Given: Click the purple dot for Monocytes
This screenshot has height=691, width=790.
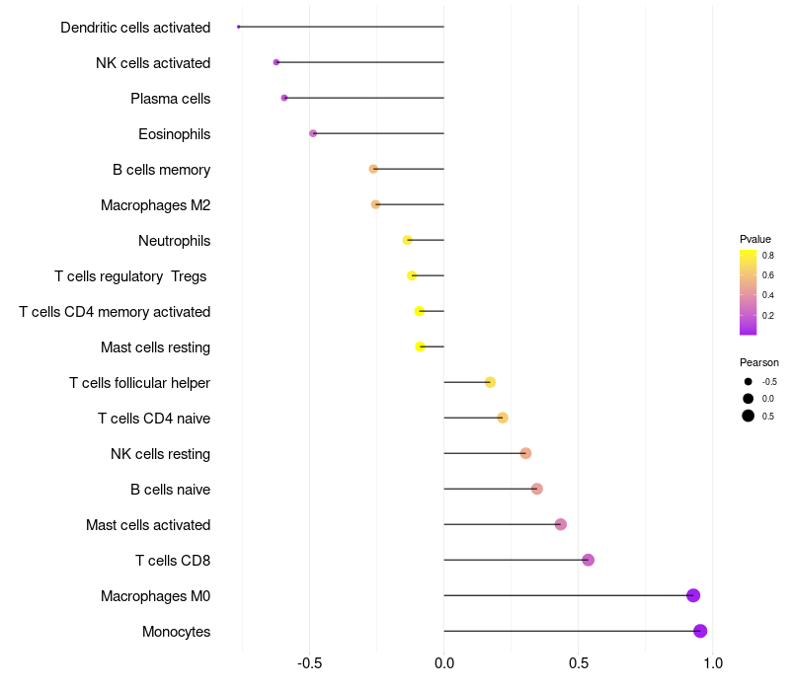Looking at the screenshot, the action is tap(700, 631).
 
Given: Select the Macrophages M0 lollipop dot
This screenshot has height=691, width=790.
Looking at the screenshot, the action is tap(693, 595).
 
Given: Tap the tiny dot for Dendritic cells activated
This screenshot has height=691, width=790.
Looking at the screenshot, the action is tap(238, 27).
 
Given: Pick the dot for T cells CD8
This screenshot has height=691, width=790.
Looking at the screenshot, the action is tap(588, 560).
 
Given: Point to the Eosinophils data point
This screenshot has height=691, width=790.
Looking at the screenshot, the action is tap(313, 133).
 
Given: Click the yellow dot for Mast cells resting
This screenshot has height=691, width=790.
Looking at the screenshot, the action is tap(421, 346).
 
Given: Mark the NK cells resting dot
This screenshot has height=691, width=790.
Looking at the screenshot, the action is tap(525, 453).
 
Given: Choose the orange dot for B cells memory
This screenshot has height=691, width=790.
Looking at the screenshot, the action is tap(373, 169).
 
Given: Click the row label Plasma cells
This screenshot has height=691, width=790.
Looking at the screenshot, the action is tap(170, 99).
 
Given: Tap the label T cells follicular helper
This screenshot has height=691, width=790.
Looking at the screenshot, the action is tap(139, 383).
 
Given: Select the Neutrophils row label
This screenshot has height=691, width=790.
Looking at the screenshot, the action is tap(175, 241).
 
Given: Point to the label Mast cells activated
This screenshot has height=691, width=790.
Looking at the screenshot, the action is tap(148, 525).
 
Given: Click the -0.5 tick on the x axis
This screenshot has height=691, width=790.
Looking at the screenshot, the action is tap(309, 662).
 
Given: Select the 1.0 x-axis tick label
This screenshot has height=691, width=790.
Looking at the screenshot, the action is tap(712, 662).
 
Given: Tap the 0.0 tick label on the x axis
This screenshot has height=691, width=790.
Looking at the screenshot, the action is tap(443, 662).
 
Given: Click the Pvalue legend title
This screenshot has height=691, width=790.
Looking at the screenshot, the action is tap(754, 239).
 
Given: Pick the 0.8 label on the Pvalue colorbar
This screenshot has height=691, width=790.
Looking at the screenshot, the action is tap(768, 256).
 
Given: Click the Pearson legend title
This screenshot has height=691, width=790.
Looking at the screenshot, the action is tap(758, 362).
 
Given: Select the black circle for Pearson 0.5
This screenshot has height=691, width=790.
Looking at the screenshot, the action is tap(748, 416).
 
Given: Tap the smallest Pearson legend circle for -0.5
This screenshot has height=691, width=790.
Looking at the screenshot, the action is tap(748, 382).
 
